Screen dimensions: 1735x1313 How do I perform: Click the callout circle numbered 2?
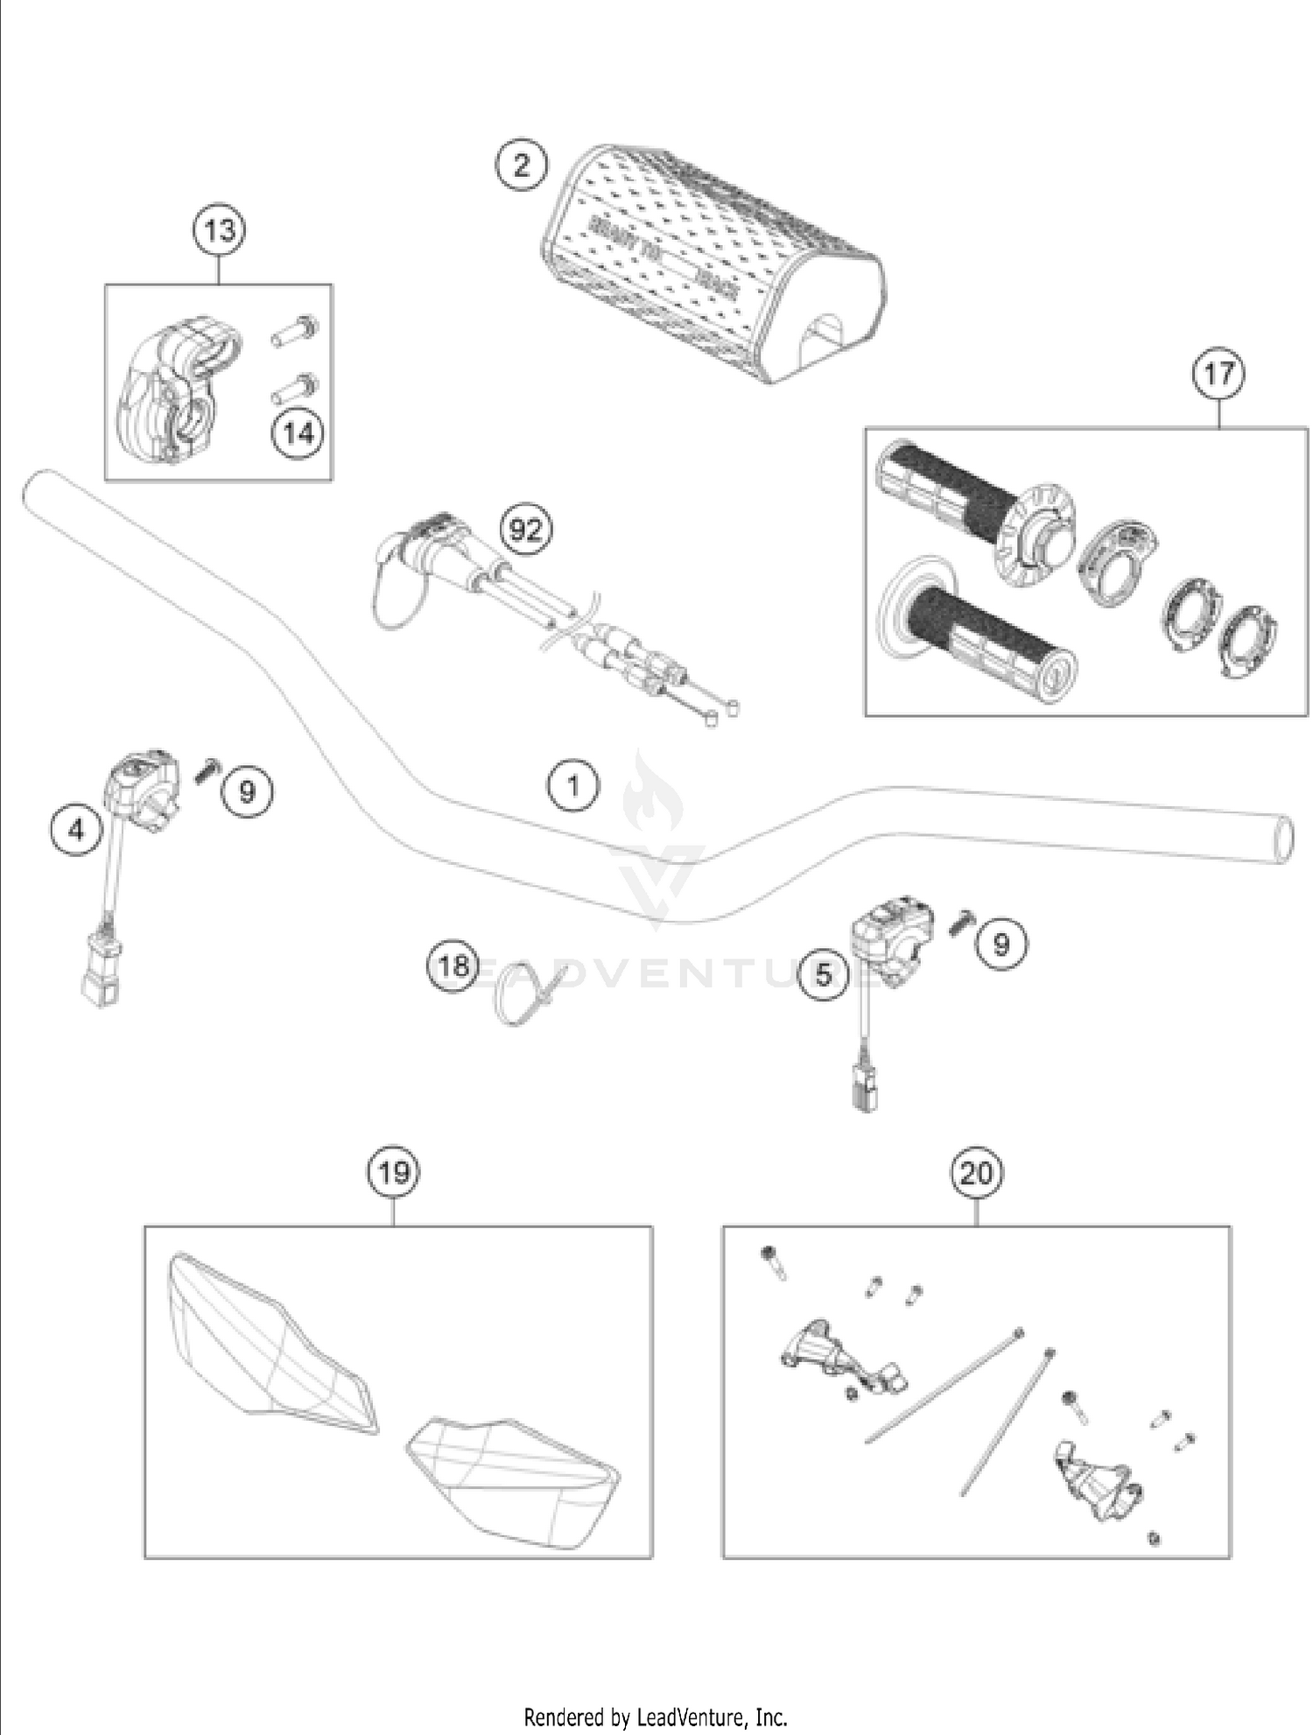pyautogui.click(x=522, y=165)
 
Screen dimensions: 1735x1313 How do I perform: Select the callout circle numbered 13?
pyautogui.click(x=219, y=231)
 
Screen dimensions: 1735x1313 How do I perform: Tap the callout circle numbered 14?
pyautogui.click(x=298, y=433)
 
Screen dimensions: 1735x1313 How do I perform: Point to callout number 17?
pyautogui.click(x=1218, y=374)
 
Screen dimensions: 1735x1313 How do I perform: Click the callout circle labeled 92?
pyautogui.click(x=526, y=530)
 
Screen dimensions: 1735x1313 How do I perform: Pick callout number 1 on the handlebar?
pyautogui.click(x=573, y=785)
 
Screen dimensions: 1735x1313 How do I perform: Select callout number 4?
pyautogui.click(x=76, y=828)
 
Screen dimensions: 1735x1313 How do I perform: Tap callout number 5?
pyautogui.click(x=823, y=974)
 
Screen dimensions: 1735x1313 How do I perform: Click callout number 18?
pyautogui.click(x=453, y=966)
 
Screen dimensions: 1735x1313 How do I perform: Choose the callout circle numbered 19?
pyautogui.click(x=393, y=1172)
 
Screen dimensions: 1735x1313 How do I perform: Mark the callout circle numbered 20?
pyautogui.click(x=977, y=1172)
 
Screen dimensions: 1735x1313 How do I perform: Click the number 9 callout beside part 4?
pyautogui.click(x=247, y=791)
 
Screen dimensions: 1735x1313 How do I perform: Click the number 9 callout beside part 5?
pyautogui.click(x=1001, y=944)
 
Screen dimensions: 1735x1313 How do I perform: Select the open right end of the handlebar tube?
pyautogui.click(x=1282, y=839)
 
